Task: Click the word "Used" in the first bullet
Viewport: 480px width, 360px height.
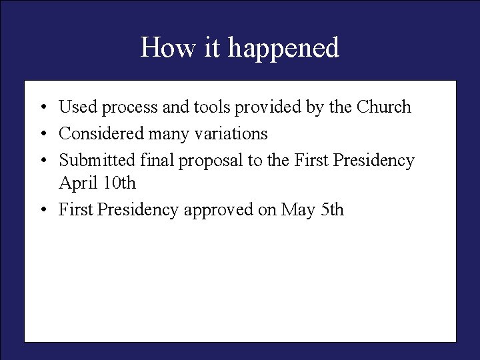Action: pyautogui.click(x=77, y=107)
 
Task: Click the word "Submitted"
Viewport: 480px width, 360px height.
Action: pyautogui.click(x=98, y=161)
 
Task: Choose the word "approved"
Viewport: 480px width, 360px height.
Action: pyautogui.click(x=218, y=211)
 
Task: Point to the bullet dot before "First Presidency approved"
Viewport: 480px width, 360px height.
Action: pyautogui.click(x=41, y=211)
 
